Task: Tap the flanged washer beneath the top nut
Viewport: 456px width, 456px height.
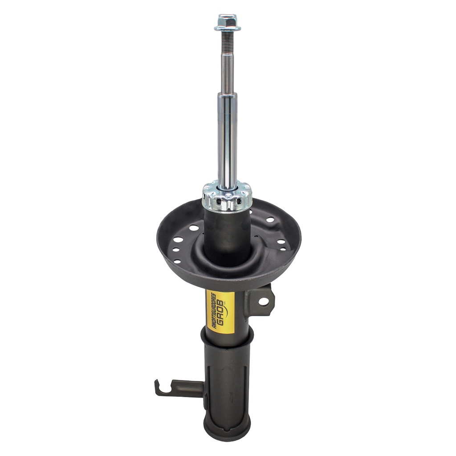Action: coord(228,28)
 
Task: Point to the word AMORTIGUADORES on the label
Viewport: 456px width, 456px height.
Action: coord(212,311)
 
